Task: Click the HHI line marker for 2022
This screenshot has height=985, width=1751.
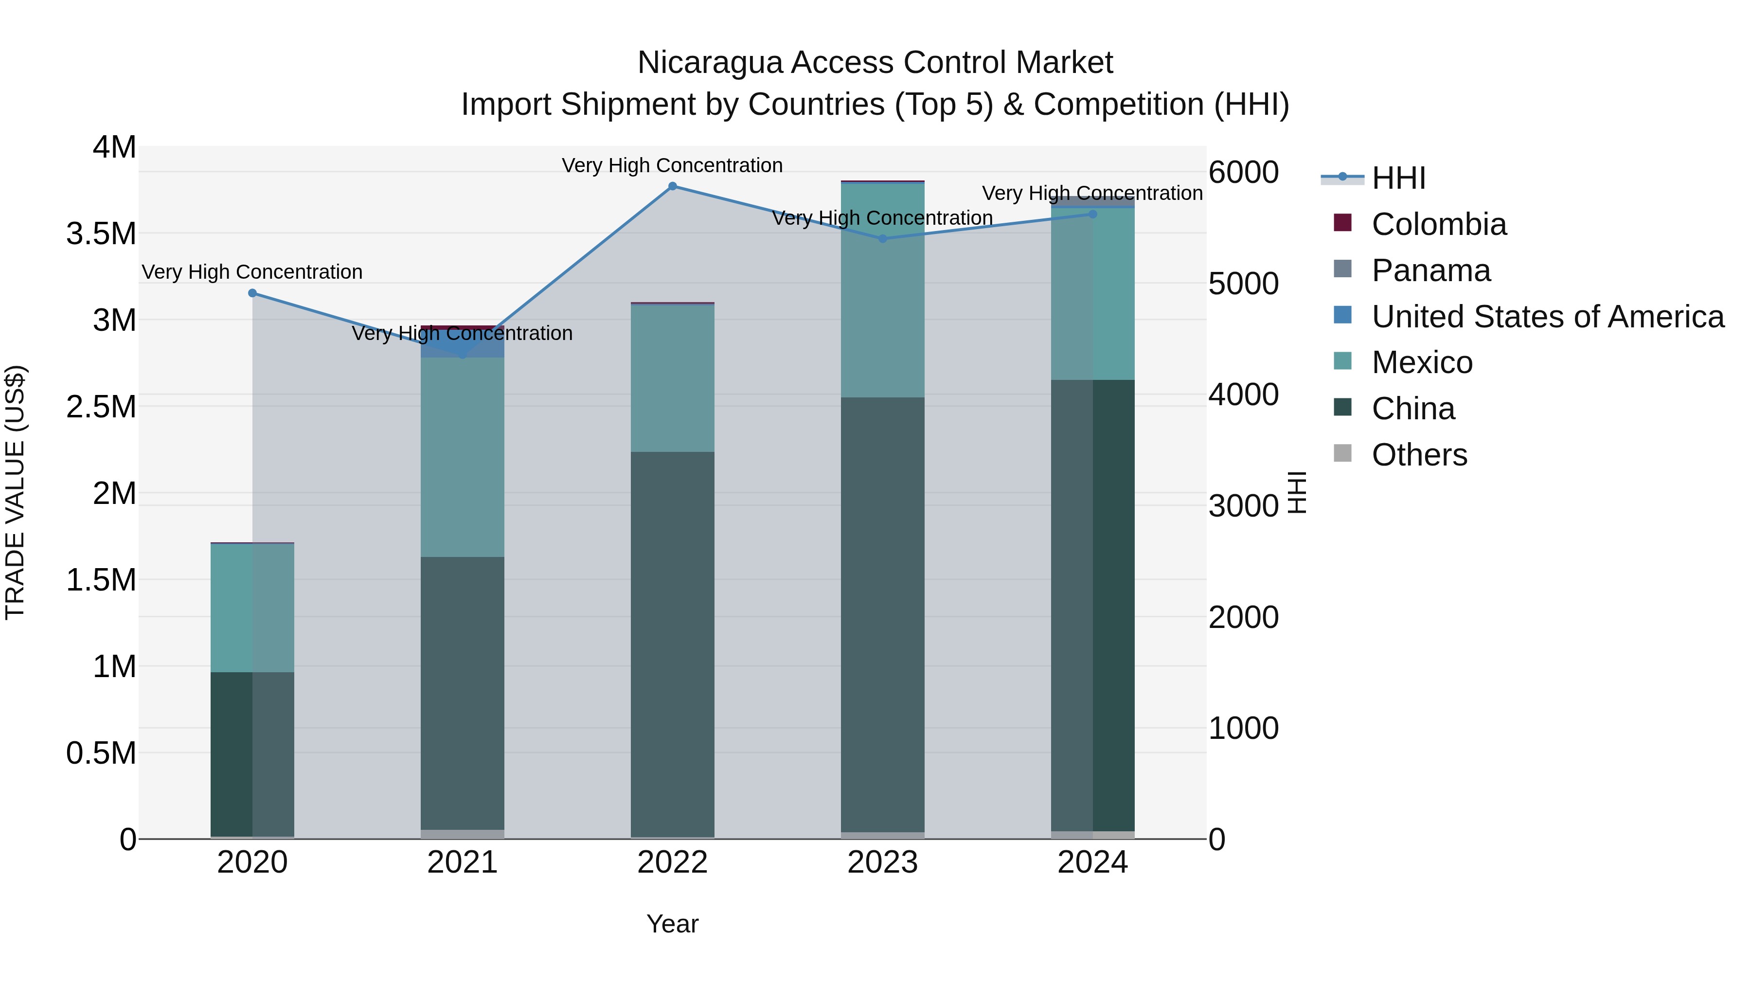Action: point(672,186)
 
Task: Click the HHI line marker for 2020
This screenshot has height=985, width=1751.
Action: point(252,293)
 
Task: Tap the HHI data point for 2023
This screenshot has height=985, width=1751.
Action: point(882,239)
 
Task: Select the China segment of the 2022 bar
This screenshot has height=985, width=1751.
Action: point(672,643)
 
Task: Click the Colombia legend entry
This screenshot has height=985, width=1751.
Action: point(1438,224)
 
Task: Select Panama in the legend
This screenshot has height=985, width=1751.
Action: point(1430,270)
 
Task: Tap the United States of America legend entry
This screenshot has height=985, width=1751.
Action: point(1547,317)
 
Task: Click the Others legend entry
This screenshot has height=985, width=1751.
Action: point(1419,455)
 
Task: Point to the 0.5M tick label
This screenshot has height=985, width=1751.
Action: point(101,753)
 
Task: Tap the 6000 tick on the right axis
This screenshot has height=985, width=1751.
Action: point(1243,172)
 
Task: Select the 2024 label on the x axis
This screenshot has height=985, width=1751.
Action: point(1092,862)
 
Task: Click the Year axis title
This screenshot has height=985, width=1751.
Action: point(672,924)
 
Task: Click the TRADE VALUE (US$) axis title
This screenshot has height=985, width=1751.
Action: point(15,492)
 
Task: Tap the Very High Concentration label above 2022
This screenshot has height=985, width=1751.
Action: point(672,165)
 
